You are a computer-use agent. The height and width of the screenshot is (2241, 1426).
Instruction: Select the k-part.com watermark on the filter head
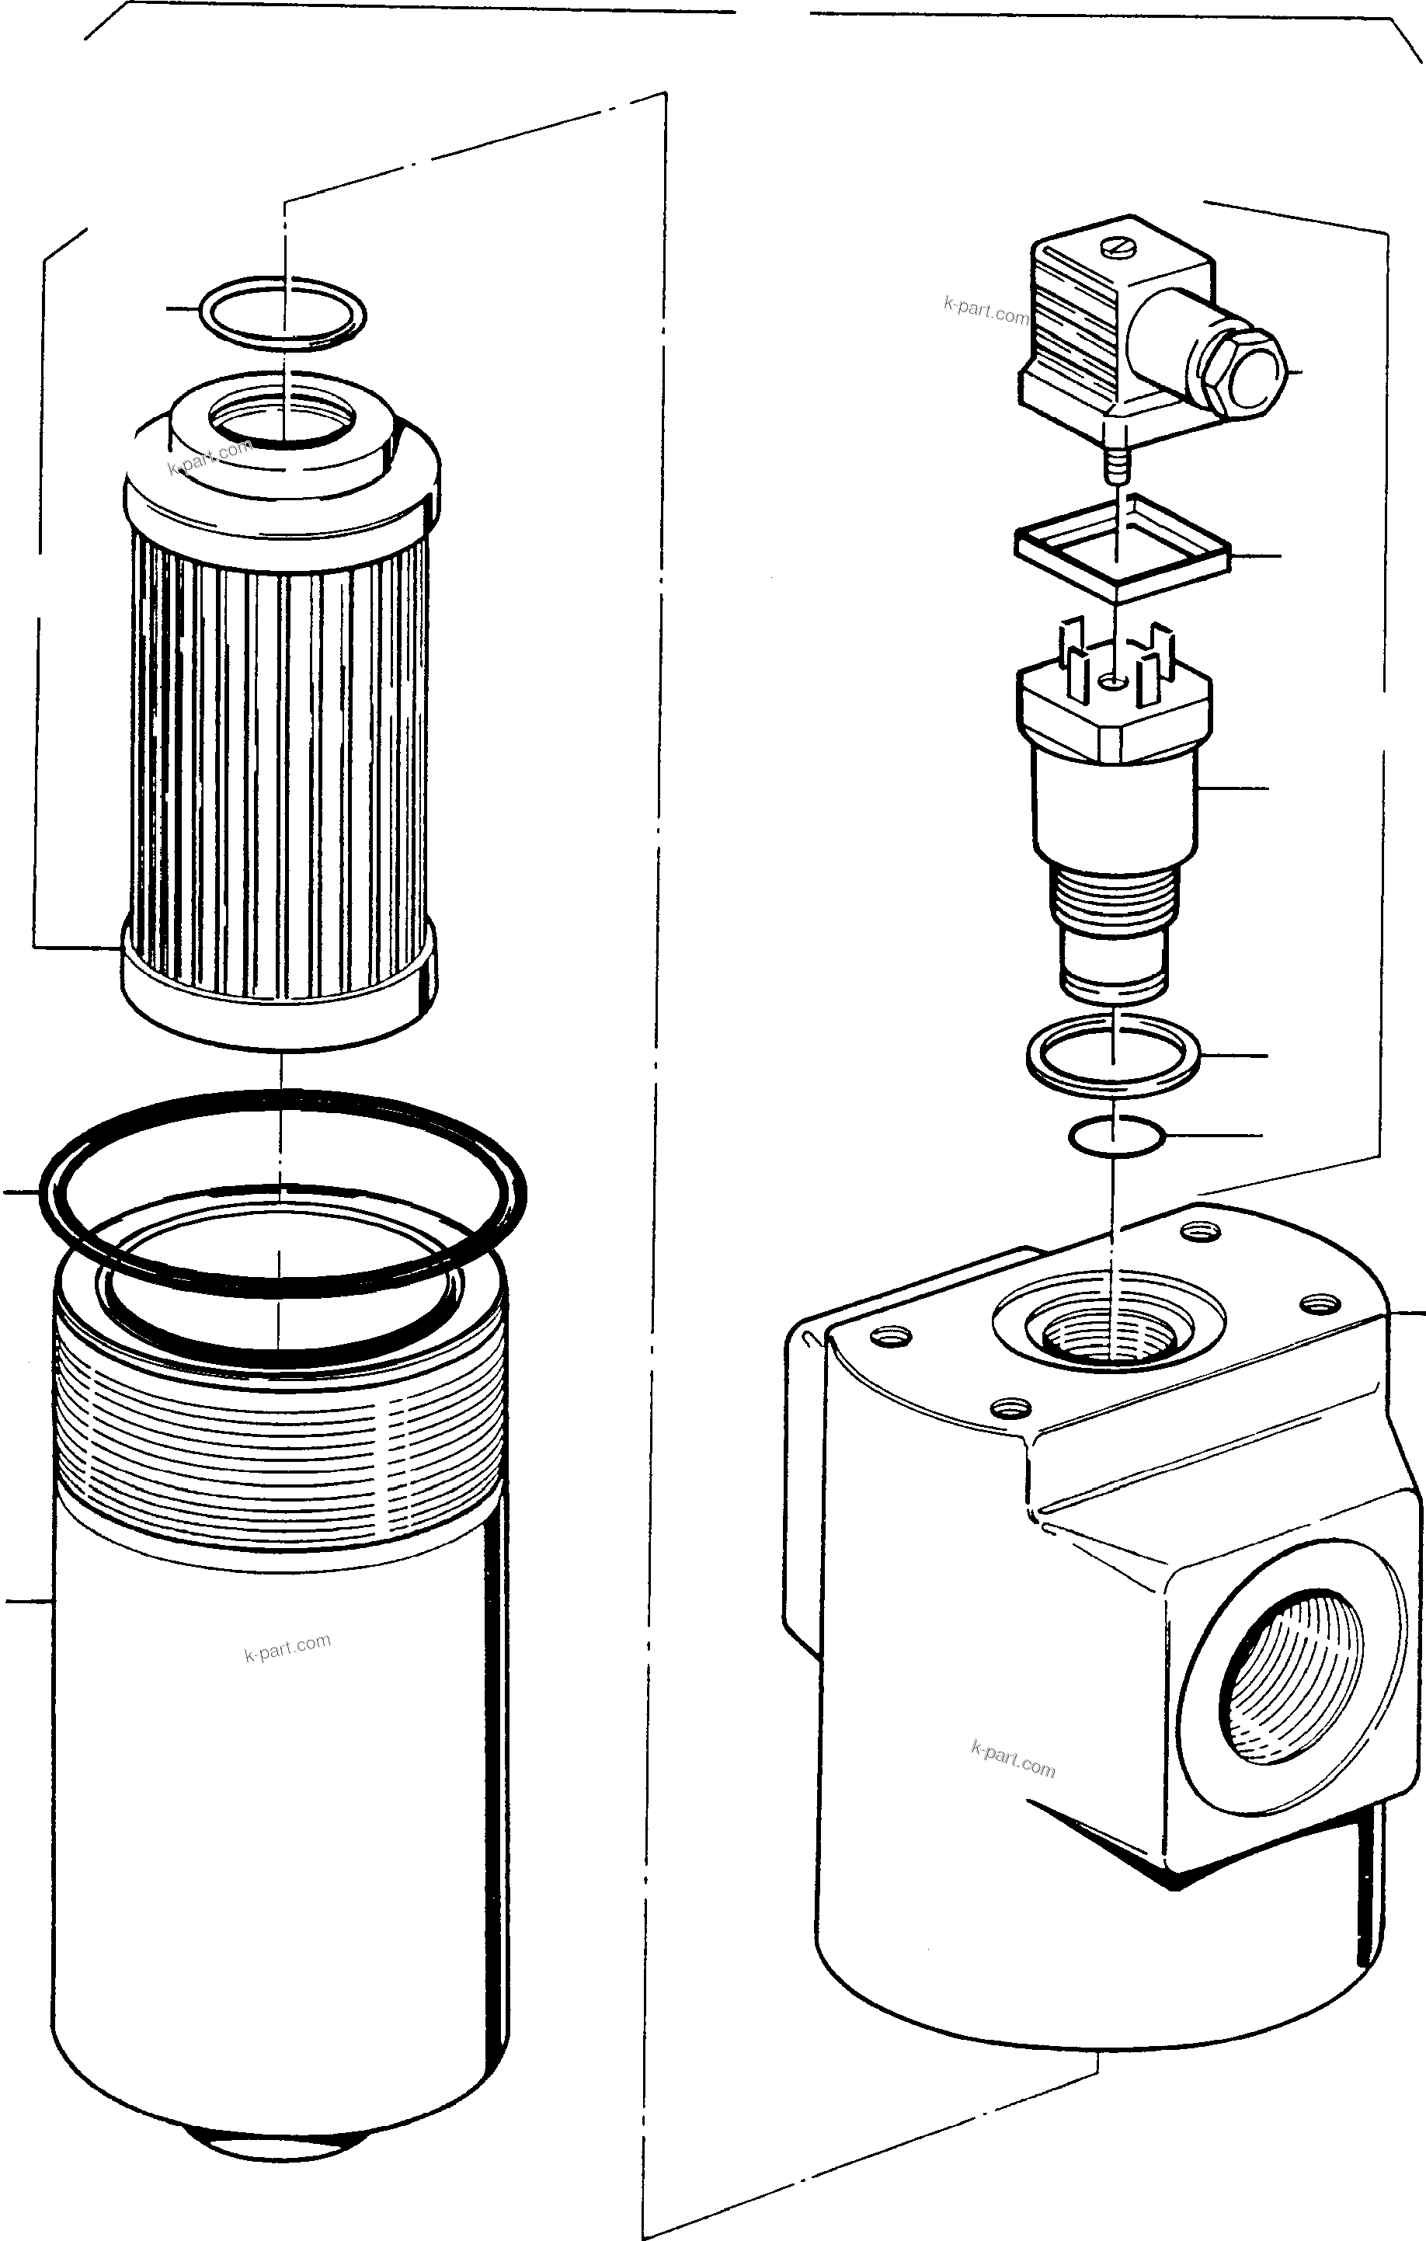tap(1013, 1759)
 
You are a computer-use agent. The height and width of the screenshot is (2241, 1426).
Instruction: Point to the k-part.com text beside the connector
tap(985, 310)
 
